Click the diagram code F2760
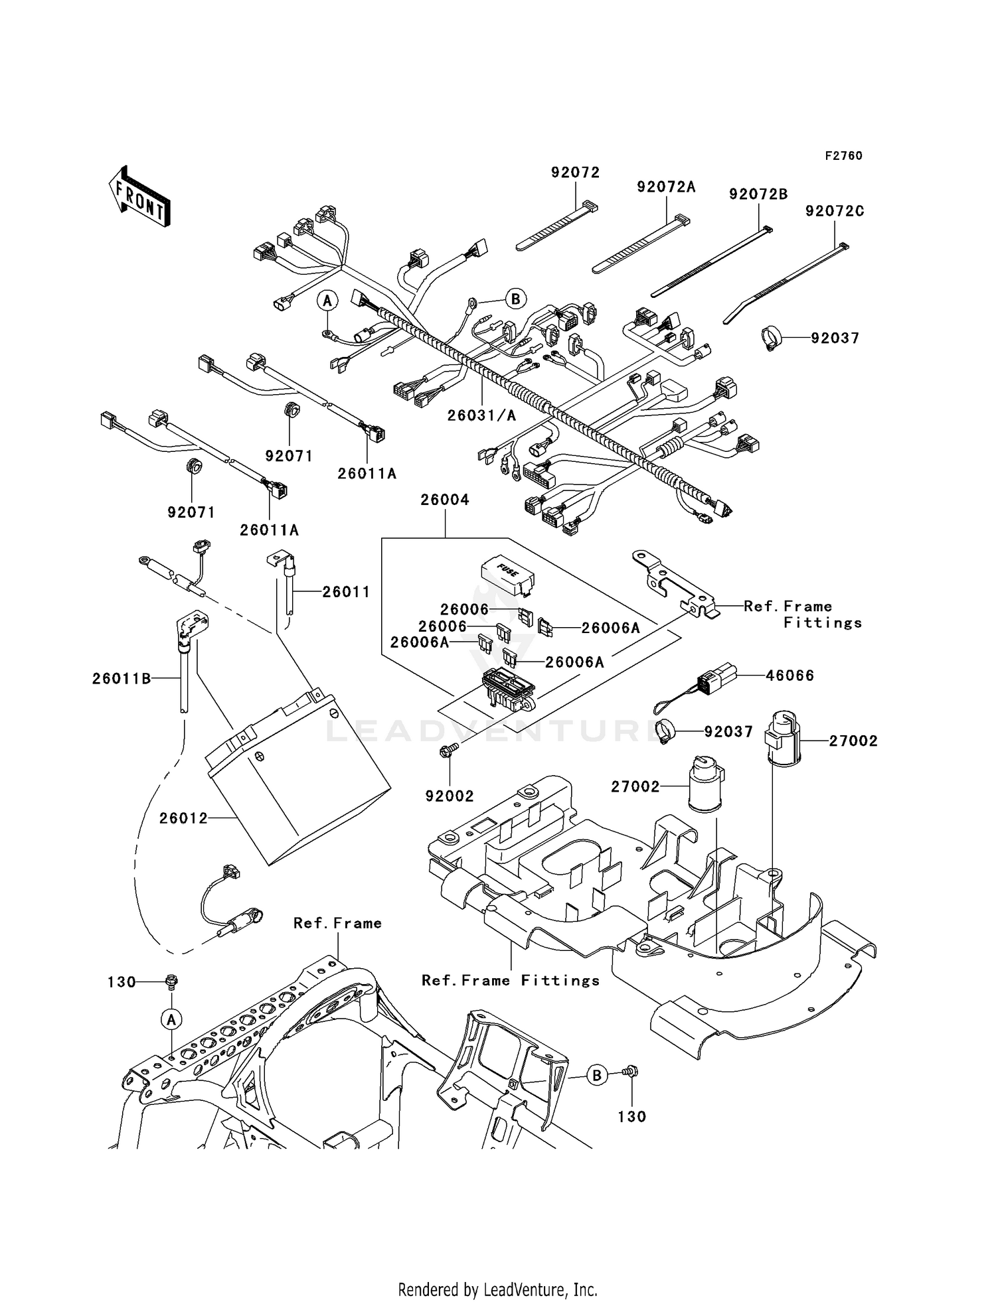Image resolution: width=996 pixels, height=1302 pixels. coord(843,156)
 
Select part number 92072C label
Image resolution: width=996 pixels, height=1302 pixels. coord(835,211)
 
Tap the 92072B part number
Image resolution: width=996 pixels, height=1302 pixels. coord(758,194)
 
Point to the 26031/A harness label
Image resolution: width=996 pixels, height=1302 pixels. coord(481,415)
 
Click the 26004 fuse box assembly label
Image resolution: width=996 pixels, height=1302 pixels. coord(444,500)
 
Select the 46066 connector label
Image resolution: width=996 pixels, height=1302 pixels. coord(789,676)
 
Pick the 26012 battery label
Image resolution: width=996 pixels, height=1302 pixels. coord(183,819)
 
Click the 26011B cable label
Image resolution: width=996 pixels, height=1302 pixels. coord(122,678)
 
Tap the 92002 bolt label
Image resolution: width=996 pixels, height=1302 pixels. coord(450,796)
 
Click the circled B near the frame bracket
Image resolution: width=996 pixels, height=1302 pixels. coord(596,1075)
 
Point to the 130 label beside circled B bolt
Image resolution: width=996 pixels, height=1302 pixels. coord(631,1117)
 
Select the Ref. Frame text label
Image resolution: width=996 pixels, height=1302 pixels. coord(337,923)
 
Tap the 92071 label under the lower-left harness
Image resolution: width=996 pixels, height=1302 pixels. coord(191,512)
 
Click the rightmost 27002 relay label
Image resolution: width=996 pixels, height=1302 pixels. coord(853,741)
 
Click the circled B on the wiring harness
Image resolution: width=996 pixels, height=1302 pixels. coord(515,299)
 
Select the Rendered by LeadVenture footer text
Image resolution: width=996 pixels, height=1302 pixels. coord(497,1289)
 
